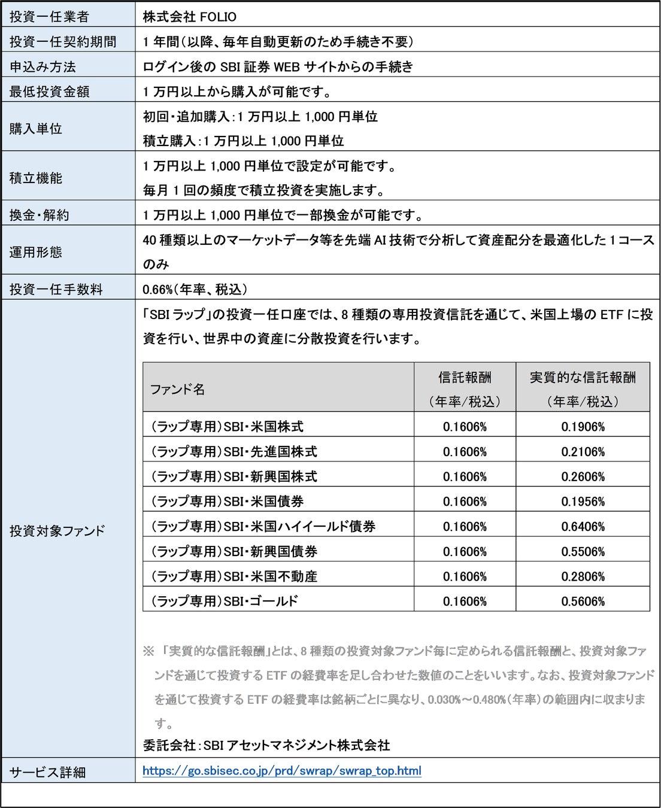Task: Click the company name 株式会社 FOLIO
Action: (189, 17)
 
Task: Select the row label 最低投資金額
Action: (49, 92)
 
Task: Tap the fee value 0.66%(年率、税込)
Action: (195, 289)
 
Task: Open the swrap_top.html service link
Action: (281, 770)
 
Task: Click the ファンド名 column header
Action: (177, 389)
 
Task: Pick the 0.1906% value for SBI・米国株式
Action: (583, 427)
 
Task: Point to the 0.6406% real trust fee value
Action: (583, 527)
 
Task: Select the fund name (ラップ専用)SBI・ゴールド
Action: (224, 601)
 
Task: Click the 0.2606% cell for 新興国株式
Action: (583, 477)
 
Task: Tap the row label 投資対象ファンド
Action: (57, 530)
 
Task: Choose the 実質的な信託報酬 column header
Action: (583, 378)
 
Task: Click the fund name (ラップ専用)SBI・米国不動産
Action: (234, 576)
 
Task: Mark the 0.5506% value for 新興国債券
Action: (583, 552)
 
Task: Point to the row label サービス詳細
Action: (47, 772)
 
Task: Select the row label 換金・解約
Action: (39, 215)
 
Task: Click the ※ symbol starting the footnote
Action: (148, 651)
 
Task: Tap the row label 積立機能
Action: (36, 178)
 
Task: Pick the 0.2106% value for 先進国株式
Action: (583, 452)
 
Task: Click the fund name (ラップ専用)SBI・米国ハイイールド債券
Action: (263, 527)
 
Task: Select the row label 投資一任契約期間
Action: (63, 42)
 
